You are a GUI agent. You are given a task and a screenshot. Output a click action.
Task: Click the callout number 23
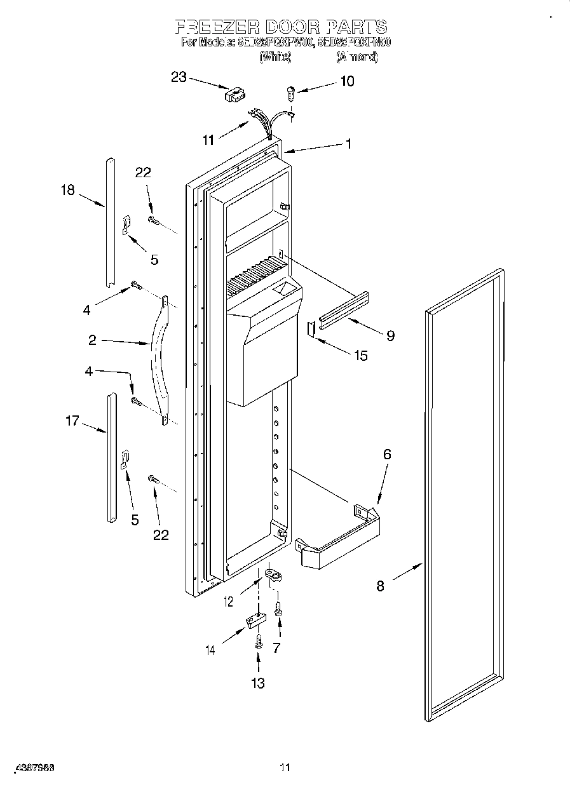click(179, 77)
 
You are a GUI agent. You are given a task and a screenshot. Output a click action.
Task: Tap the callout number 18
click(67, 189)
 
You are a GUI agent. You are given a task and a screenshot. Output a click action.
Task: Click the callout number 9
click(390, 335)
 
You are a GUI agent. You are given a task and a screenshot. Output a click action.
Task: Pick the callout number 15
click(360, 355)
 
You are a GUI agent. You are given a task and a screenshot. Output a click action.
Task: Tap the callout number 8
click(380, 586)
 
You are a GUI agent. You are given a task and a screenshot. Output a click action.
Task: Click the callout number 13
click(257, 683)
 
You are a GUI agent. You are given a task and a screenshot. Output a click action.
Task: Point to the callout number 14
click(211, 649)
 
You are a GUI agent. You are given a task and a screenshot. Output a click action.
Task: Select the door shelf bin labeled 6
click(340, 537)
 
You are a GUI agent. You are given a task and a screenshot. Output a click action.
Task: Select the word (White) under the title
click(275, 57)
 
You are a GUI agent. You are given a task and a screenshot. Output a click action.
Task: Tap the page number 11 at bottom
click(285, 768)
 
